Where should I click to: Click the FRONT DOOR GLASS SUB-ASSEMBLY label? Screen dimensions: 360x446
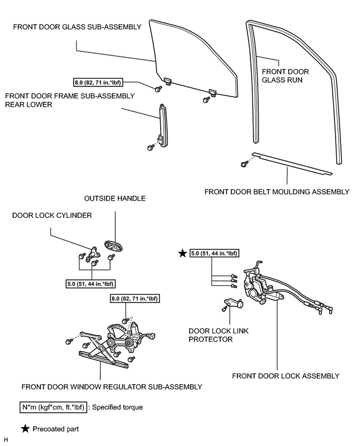click(x=77, y=27)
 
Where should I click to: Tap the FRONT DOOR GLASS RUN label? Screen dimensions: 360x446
click(x=285, y=76)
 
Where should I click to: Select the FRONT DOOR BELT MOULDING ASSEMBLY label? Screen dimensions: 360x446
click(x=277, y=192)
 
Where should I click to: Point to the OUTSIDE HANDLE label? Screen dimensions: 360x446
click(x=115, y=198)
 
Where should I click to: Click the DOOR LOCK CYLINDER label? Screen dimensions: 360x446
click(x=52, y=216)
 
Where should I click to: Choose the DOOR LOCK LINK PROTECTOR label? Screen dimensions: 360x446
click(x=218, y=335)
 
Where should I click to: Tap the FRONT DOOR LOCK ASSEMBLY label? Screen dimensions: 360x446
click(x=286, y=376)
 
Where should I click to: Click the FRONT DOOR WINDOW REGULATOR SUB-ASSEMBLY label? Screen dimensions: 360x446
click(x=112, y=387)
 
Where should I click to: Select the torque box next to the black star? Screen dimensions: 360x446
click(x=214, y=253)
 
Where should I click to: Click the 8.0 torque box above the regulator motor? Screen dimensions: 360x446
click(x=134, y=298)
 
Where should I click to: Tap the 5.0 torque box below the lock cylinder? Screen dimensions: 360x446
click(x=90, y=284)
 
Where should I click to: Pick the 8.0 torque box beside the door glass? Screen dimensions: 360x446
click(x=98, y=83)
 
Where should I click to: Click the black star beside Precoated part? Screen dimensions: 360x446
click(x=26, y=429)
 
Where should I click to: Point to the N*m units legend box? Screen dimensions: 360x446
click(x=53, y=407)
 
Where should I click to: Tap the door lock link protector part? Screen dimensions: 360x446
click(x=234, y=303)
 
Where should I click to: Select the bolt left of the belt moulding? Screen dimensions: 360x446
click(x=243, y=164)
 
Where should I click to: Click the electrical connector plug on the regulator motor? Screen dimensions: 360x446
click(x=152, y=336)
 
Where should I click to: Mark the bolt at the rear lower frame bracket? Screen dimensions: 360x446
click(x=151, y=147)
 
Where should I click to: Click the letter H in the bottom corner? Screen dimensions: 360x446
click(x=6, y=440)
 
